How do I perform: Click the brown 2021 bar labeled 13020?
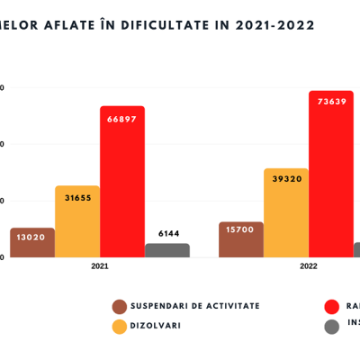pyautogui.click(x=32, y=243)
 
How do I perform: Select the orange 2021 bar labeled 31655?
pyautogui.click(x=77, y=222)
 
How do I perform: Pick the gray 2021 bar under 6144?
pyautogui.click(x=167, y=250)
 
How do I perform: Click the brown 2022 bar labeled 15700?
pyautogui.click(x=241, y=240)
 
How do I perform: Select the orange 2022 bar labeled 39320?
pyautogui.click(x=286, y=214)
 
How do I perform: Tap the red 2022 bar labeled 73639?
pyautogui.click(x=331, y=175)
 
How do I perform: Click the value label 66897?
pyautogui.click(x=122, y=120)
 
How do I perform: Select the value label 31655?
pyautogui.click(x=77, y=198)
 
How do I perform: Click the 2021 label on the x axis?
pyautogui.click(x=100, y=266)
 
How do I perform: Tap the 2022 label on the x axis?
pyautogui.click(x=309, y=266)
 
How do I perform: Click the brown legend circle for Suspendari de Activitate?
pyautogui.click(x=119, y=307)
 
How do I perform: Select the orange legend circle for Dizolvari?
pyautogui.click(x=119, y=326)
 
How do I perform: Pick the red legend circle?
pyautogui.click(x=331, y=307)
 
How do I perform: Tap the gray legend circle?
pyautogui.click(x=331, y=326)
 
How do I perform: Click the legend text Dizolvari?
pyautogui.click(x=156, y=326)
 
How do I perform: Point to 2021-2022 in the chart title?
pyautogui.click(x=271, y=25)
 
